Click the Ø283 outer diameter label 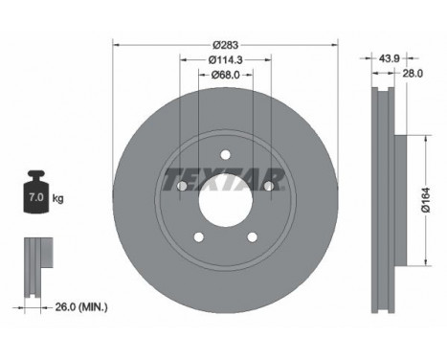[226, 45]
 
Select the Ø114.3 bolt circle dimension [226, 59]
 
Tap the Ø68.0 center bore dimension [226, 75]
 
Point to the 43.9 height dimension [390, 58]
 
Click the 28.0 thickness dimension [413, 74]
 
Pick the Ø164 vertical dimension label [426, 200]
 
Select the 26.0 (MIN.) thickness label [81, 307]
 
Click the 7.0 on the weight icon [36, 197]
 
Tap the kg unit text [57, 198]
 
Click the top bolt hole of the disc [226, 155]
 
